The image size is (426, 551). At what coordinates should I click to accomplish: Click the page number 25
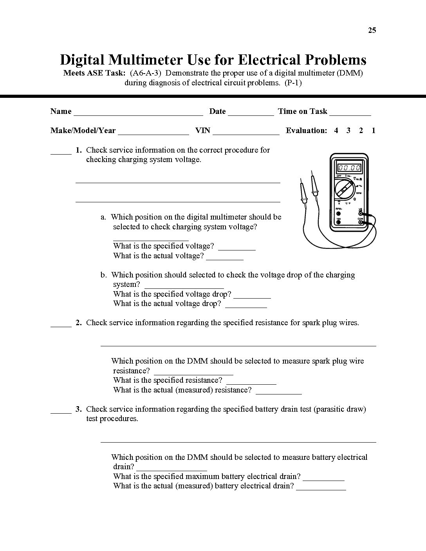click(x=372, y=31)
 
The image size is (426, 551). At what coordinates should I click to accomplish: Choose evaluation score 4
click(x=336, y=131)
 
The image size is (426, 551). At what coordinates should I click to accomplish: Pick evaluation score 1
click(x=374, y=131)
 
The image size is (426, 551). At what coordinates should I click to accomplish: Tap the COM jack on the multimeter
click(x=361, y=222)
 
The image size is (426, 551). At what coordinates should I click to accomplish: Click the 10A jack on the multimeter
click(x=338, y=222)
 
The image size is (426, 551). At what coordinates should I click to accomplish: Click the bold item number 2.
click(x=79, y=323)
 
